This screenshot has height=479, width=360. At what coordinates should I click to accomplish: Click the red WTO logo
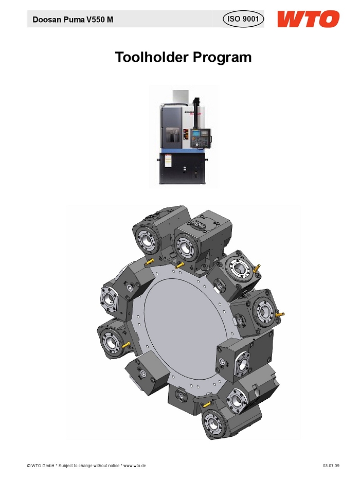click(x=308, y=19)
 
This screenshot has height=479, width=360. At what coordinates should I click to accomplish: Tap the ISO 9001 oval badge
click(x=243, y=19)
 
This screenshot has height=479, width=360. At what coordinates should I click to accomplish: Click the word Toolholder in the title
click(x=151, y=57)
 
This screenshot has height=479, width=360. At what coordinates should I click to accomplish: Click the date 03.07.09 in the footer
click(x=331, y=466)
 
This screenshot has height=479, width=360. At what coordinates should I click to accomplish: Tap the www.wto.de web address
click(x=134, y=466)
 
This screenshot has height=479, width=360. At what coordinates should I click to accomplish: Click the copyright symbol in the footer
click(x=29, y=466)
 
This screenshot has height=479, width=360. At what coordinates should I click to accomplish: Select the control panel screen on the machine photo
click(x=196, y=133)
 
